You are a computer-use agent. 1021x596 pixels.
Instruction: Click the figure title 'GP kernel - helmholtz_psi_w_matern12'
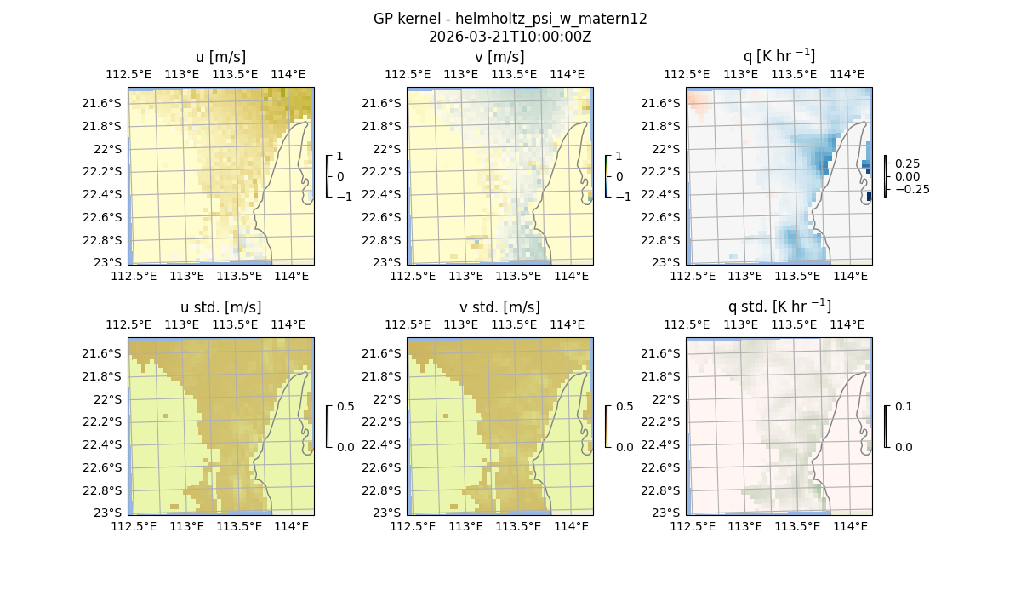[x=510, y=19]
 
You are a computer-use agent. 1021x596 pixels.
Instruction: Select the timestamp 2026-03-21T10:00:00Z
[x=510, y=37]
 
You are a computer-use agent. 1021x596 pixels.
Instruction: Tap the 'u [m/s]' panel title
[x=221, y=57]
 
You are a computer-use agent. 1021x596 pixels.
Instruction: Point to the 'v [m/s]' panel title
[x=500, y=57]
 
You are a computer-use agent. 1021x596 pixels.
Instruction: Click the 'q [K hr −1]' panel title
[x=779, y=57]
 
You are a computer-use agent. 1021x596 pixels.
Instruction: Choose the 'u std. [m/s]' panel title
[x=221, y=307]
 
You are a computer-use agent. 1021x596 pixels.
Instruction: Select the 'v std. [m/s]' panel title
[x=500, y=307]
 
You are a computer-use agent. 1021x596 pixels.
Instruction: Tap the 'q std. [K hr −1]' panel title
[x=779, y=307]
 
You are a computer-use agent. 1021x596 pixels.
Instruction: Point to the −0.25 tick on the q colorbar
[x=910, y=189]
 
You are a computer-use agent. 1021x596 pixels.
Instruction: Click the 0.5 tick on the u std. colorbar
[x=345, y=407]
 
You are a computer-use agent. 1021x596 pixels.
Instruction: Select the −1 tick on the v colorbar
[x=624, y=197]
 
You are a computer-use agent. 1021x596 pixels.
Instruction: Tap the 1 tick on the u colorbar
[x=341, y=157]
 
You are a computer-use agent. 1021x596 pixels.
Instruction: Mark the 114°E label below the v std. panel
[x=571, y=526]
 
